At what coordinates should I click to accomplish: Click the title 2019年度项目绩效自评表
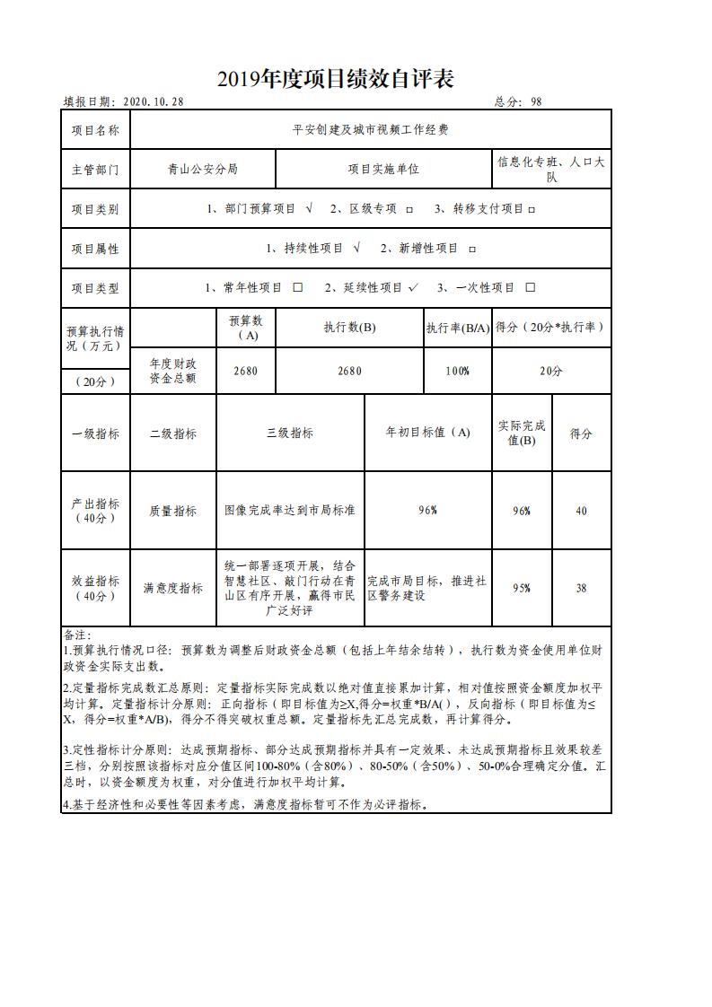(335, 79)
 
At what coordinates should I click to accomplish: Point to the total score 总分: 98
(518, 102)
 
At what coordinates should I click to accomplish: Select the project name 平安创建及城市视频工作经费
(370, 130)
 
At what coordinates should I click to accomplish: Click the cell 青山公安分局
(203, 169)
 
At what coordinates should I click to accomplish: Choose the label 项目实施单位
(383, 169)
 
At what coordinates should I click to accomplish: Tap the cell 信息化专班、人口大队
(551, 170)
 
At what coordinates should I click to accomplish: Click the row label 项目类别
(95, 209)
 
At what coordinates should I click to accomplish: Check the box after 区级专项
(409, 209)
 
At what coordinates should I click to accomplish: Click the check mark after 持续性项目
(356, 248)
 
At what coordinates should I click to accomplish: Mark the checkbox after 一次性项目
(530, 287)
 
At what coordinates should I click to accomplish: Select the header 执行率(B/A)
(457, 328)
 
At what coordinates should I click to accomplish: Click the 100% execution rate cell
(457, 371)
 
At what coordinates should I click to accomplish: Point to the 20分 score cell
(551, 371)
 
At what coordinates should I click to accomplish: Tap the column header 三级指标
(290, 433)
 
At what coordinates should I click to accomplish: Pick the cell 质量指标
(173, 511)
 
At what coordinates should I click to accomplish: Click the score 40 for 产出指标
(581, 511)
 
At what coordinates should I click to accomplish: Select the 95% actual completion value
(521, 589)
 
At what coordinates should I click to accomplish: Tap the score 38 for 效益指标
(581, 589)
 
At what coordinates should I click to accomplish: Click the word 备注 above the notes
(77, 635)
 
